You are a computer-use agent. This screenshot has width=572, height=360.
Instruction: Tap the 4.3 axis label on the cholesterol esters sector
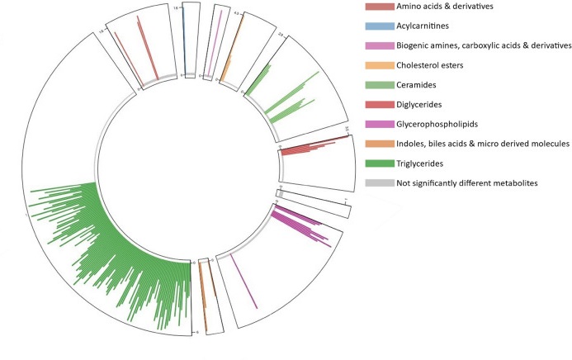237,14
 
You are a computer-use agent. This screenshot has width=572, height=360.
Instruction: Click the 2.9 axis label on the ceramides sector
281,35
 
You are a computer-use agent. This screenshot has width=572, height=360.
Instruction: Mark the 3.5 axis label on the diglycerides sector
348,129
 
